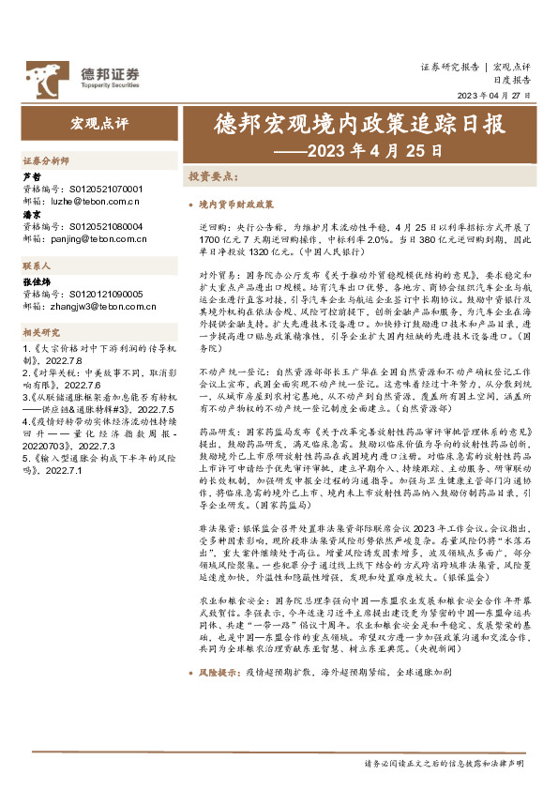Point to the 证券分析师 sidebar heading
pyautogui.click(x=44, y=161)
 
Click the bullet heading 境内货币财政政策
pyautogui.click(x=237, y=203)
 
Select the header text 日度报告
pyautogui.click(x=510, y=81)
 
